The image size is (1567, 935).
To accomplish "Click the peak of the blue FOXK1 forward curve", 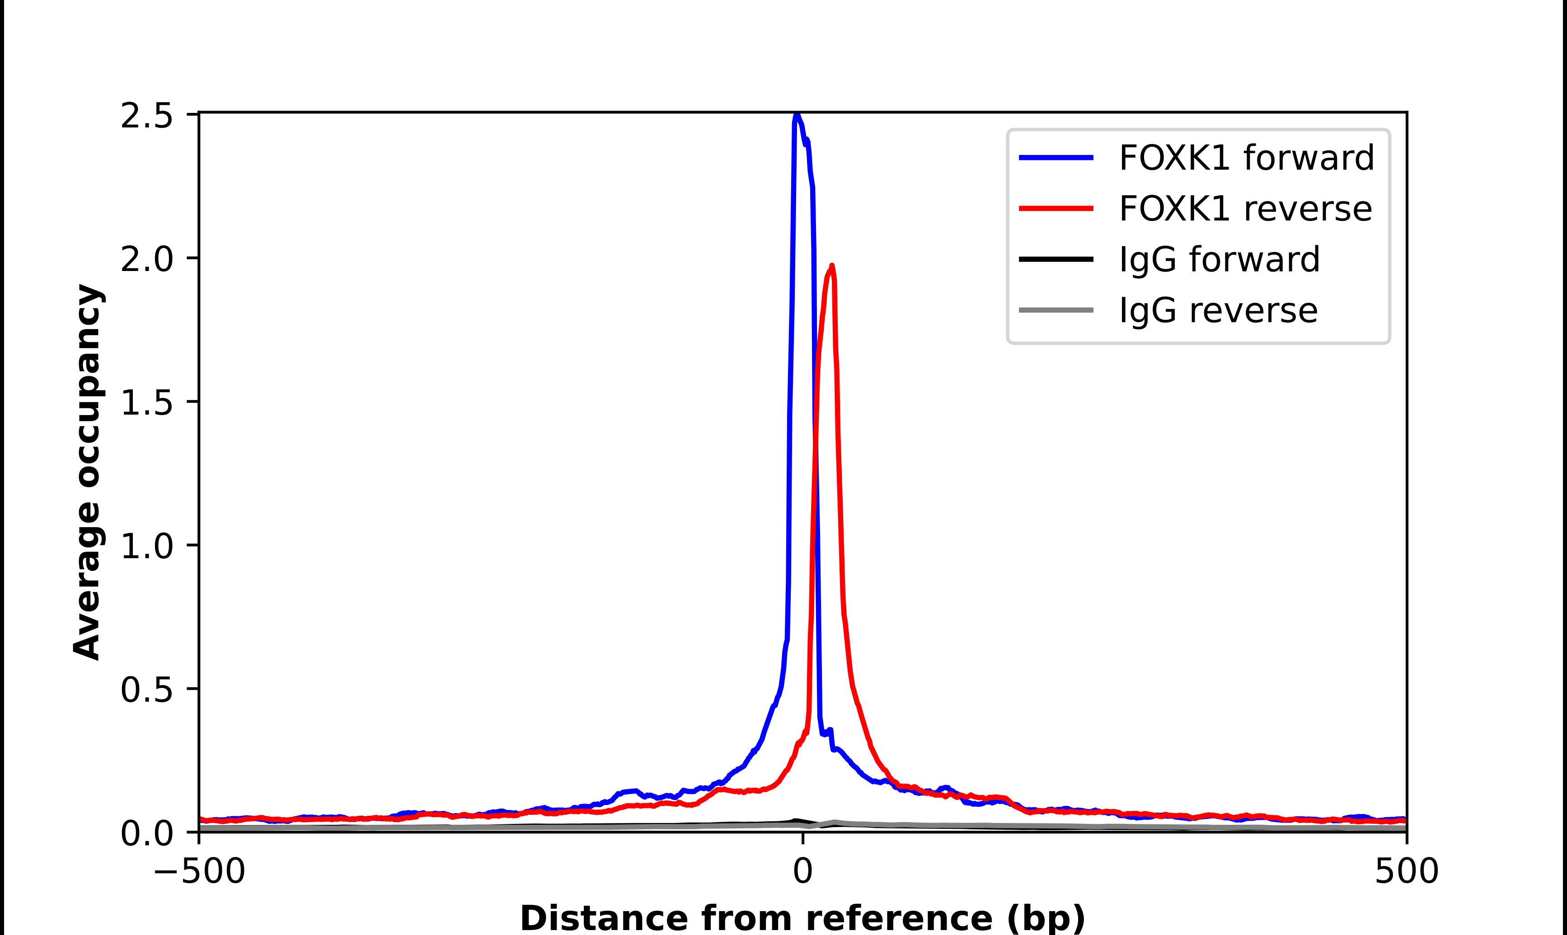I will click(x=797, y=115).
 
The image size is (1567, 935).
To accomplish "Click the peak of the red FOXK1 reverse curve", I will click(x=832, y=266).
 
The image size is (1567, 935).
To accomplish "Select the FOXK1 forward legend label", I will click(x=1246, y=158).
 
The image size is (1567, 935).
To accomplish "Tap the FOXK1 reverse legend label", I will click(x=1245, y=209).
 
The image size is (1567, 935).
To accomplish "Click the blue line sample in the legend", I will click(x=1056, y=158).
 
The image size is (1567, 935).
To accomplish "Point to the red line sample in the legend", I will click(x=1056, y=209).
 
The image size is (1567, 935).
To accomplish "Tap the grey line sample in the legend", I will click(x=1056, y=310).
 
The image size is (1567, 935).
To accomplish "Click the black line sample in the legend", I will click(x=1056, y=259).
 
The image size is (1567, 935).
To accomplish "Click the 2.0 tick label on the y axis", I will click(x=146, y=259).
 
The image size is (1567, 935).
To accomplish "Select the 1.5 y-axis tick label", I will click(x=146, y=402).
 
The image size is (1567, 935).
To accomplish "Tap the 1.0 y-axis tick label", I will click(x=146, y=546).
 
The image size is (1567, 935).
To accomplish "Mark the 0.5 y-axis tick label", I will click(x=146, y=690).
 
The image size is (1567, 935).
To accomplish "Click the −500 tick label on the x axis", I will click(x=199, y=871).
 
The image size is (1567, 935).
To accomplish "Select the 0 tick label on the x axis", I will click(x=802, y=871).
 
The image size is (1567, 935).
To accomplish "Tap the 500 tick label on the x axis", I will click(x=1406, y=871).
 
